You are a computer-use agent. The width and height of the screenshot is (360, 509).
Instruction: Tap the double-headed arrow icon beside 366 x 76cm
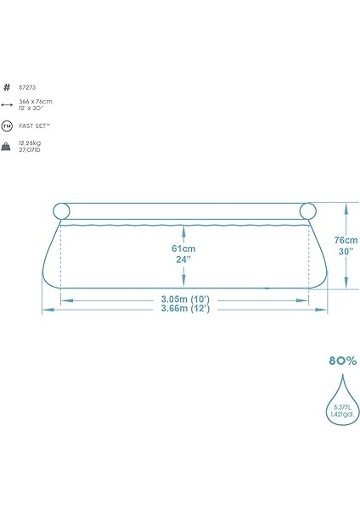coord(8,104)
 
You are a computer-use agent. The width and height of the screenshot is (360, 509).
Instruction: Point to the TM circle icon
coord(8,126)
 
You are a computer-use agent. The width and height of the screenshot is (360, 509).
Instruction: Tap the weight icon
coord(8,147)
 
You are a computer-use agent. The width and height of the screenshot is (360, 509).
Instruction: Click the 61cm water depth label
coord(183,249)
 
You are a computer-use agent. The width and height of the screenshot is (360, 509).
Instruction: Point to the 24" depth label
coord(183,260)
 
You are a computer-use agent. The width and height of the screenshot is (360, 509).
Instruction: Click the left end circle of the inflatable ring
coord(64,211)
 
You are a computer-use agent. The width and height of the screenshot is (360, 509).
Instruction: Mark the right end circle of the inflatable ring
coord(305,211)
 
